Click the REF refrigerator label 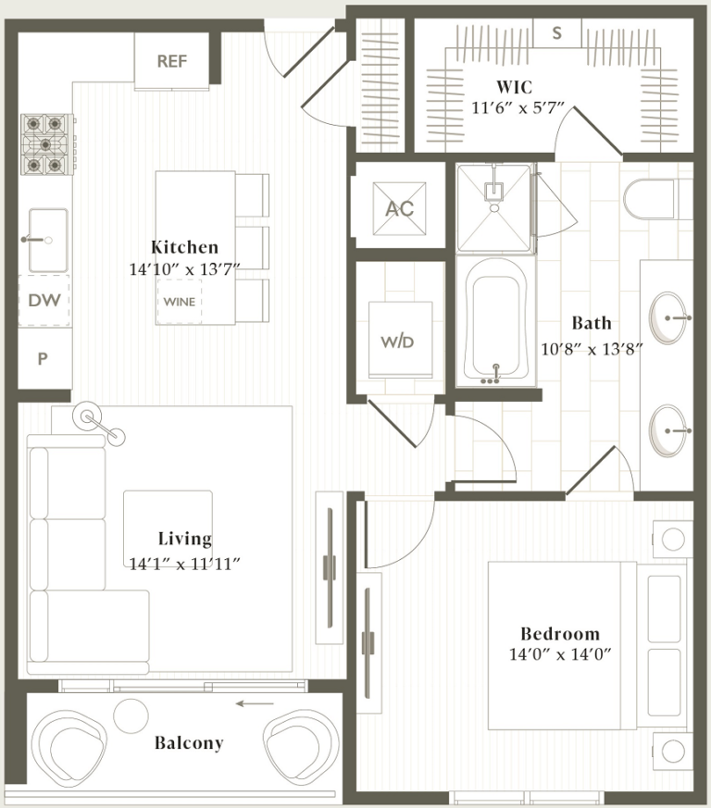coord(172,62)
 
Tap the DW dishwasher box coord(43,300)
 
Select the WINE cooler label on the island coord(180,301)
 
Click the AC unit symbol coord(399,208)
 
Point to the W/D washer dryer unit coord(398,340)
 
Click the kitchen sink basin coord(45,239)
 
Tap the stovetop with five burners coord(47,144)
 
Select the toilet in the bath coord(652,198)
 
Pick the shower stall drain coord(495,193)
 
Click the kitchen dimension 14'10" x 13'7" coord(185,270)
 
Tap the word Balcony coord(189,742)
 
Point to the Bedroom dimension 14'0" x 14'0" coord(560,653)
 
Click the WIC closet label coord(514,87)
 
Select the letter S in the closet coord(556,33)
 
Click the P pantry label coord(43,359)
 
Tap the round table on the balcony coord(131,715)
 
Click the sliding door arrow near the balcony coord(254,703)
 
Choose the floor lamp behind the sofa coord(91,416)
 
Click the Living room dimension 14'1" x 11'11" coord(185,561)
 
